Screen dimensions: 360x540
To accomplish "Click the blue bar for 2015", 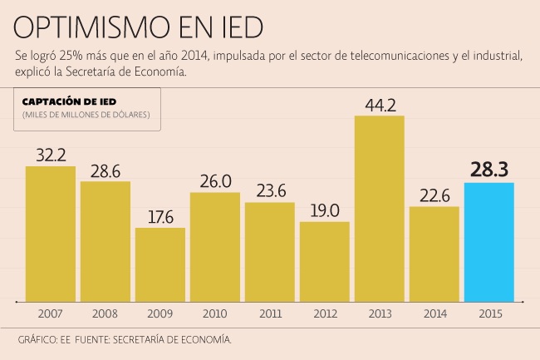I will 489,241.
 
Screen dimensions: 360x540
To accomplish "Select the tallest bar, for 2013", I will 380,208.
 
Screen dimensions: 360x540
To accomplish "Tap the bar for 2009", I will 160,264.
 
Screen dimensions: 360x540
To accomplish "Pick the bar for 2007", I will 51,233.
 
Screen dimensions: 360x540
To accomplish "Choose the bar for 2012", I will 325,260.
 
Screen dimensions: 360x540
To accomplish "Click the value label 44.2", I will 380,105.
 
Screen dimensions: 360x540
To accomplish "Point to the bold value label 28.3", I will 489,170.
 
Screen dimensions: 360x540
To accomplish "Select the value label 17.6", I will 160,216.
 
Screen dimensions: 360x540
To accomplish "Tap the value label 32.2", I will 51,155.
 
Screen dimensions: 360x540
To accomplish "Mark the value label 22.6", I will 434,195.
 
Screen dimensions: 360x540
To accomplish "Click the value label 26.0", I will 215,181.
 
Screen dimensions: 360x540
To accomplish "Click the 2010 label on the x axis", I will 215,313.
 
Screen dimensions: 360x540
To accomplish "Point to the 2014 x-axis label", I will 434,313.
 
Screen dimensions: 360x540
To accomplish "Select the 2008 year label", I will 106,313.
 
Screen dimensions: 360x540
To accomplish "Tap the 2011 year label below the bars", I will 270,313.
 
